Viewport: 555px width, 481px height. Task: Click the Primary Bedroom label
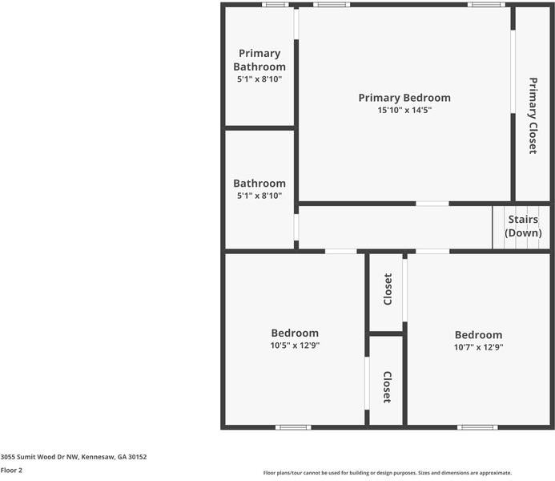[x=404, y=98]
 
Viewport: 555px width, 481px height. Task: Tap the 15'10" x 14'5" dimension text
[x=404, y=111]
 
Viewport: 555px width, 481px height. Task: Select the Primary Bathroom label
[x=259, y=60]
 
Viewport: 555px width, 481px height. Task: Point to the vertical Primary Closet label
[x=533, y=115]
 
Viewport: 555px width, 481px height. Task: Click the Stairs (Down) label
[x=523, y=225]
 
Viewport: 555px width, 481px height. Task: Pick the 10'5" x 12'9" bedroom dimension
[x=294, y=346]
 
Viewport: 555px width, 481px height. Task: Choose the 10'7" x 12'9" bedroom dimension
[x=478, y=348]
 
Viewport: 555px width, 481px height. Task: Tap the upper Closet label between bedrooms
[x=388, y=289]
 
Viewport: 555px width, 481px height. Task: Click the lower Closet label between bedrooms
[x=387, y=386]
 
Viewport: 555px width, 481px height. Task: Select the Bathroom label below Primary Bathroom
[x=259, y=184]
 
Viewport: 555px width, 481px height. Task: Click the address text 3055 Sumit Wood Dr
[x=74, y=457]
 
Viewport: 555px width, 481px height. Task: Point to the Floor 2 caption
[x=11, y=471]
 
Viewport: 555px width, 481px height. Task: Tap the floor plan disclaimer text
[x=387, y=473]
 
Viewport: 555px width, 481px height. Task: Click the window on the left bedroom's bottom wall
[x=293, y=427]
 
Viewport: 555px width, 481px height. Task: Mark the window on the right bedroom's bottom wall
[x=477, y=427]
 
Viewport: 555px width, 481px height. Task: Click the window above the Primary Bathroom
[x=275, y=5]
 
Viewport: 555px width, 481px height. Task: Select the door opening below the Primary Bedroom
[x=432, y=204]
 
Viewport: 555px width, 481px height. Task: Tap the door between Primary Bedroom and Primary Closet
[x=513, y=72]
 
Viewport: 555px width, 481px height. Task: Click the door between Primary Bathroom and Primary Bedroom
[x=296, y=24]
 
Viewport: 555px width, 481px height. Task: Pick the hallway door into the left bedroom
[x=340, y=252]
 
